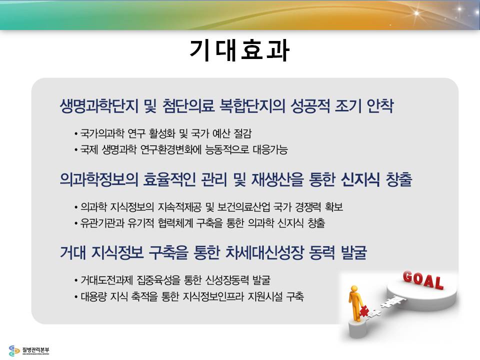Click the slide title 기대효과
pos(239,50)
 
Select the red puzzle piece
pos(364,311)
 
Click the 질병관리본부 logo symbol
pos(14,350)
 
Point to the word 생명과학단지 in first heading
pos(99,106)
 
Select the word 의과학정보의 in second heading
pos(99,179)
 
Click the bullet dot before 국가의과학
pos(75,134)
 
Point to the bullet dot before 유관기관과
pos(75,223)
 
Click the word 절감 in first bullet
pos(242,133)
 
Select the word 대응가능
pos(270,149)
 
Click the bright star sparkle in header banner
pos(416,13)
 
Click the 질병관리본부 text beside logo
pos(35,350)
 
